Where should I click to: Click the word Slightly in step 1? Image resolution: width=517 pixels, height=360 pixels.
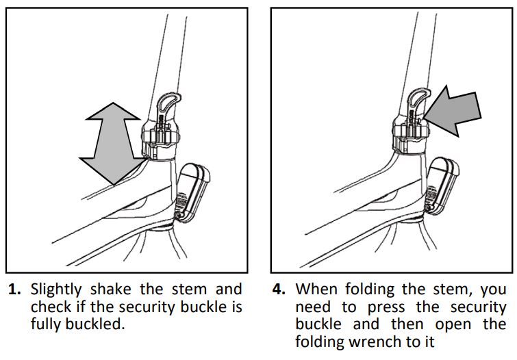click(58, 290)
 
